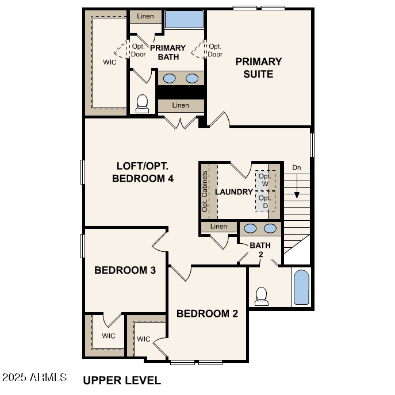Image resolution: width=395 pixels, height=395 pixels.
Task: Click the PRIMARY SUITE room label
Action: click(258, 68)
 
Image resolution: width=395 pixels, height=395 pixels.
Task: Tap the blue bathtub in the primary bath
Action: click(185, 19)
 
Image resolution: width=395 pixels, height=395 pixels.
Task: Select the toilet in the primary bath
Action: click(142, 103)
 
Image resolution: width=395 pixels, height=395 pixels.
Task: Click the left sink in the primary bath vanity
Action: click(169, 78)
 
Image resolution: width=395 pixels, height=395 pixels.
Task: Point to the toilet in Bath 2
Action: click(262, 296)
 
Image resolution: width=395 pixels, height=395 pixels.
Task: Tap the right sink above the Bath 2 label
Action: click(270, 228)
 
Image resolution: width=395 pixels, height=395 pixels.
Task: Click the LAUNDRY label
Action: click(234, 191)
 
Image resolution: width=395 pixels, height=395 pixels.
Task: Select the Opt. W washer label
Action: click(264, 180)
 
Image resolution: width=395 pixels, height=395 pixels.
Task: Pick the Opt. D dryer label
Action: click(264, 202)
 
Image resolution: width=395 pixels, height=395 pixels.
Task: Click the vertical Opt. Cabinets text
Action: click(205, 191)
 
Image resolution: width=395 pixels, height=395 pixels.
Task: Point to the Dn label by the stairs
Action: click(297, 167)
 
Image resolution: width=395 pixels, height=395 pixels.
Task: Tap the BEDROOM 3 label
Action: click(125, 270)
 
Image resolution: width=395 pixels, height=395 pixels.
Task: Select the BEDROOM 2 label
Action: click(207, 313)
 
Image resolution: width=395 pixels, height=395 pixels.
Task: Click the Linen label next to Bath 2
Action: click(218, 227)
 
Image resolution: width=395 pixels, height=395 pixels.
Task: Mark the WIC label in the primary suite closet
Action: click(110, 62)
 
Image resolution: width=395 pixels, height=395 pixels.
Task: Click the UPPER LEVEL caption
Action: click(122, 380)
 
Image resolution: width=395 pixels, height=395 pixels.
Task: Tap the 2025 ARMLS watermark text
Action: click(34, 378)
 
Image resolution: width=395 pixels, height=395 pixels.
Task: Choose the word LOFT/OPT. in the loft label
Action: click(143, 166)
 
